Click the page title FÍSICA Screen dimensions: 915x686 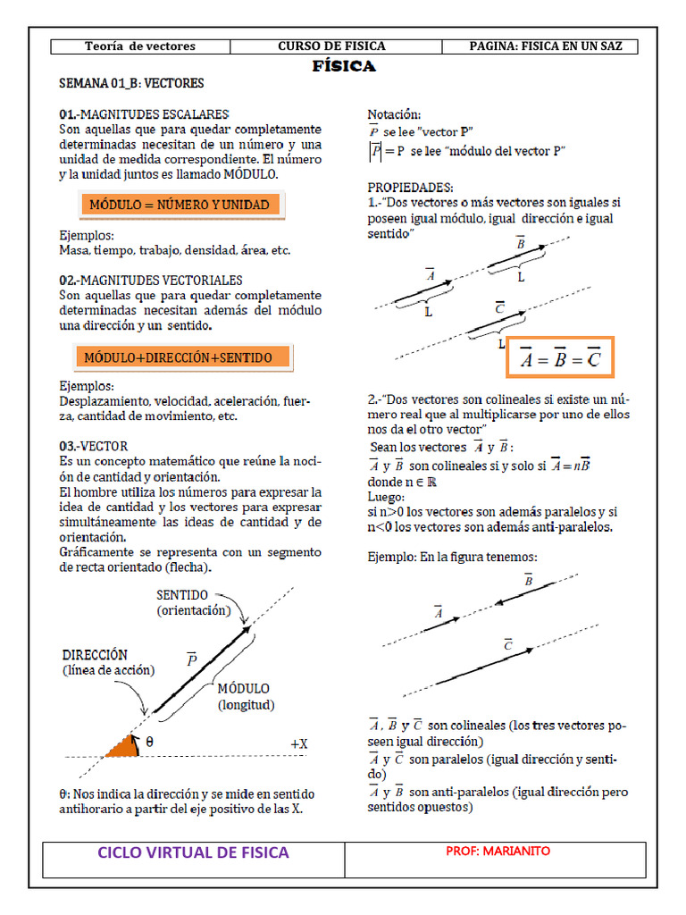tap(344, 67)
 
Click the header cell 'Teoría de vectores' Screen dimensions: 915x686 tap(139, 46)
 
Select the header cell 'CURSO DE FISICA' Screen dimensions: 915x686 tap(331, 46)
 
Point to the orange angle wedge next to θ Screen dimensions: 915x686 tap(123, 746)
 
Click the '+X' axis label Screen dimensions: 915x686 tap(298, 743)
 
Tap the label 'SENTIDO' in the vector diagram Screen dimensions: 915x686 tap(182, 594)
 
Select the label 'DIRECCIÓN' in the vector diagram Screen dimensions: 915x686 tap(95, 654)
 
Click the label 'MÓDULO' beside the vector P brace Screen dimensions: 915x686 tap(244, 689)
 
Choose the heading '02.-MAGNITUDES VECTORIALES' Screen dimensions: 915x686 tap(150, 280)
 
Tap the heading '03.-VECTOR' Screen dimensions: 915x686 tap(93, 446)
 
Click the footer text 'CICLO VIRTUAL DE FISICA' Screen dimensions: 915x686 tap(194, 852)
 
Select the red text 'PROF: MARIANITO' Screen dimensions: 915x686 tap(498, 852)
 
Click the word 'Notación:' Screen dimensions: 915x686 tap(394, 114)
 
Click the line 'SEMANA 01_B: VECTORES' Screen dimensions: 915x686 tap(131, 84)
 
